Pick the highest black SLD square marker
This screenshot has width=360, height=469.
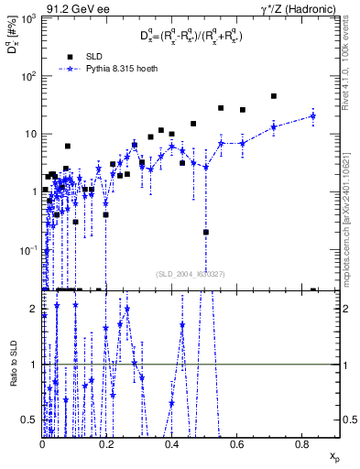tap(274, 96)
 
